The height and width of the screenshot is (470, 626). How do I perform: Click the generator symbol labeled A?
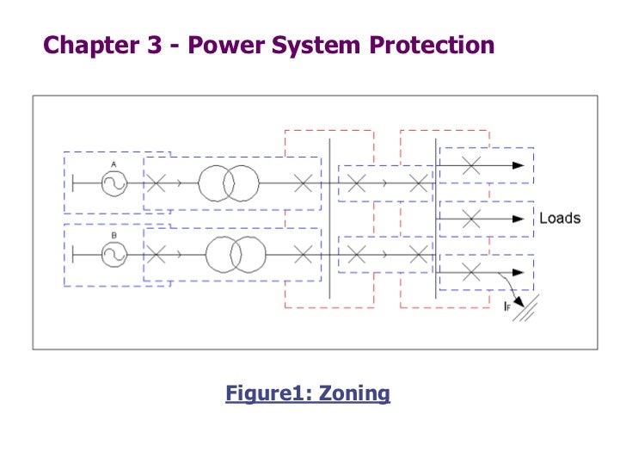[x=113, y=182]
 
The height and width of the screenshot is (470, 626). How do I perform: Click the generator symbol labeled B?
[x=113, y=254]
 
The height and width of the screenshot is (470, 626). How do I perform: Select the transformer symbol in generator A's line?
[x=228, y=182]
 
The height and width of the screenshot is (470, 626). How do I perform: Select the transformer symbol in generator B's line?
[x=236, y=254]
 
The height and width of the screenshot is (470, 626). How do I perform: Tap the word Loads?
[x=560, y=218]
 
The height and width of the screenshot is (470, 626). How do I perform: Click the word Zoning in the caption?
[x=354, y=394]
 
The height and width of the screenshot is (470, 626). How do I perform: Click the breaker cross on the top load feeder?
[x=470, y=165]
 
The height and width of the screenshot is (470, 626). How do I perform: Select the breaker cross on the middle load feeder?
[x=470, y=219]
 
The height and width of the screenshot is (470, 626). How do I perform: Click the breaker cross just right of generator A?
[x=156, y=182]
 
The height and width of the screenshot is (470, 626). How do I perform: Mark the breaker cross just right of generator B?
[x=156, y=254]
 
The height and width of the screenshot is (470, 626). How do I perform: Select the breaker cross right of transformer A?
[x=303, y=182]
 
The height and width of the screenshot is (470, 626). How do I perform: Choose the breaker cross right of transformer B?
[x=303, y=254]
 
